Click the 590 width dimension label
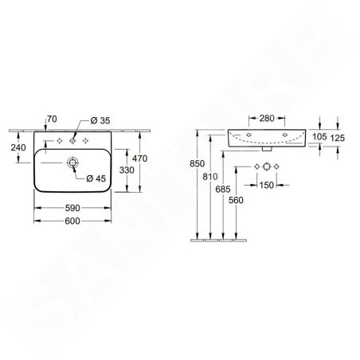pos(72,208)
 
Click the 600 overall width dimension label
pos(72,221)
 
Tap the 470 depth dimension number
pos(139,158)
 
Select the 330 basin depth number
pos(127,170)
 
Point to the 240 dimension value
pos(18,147)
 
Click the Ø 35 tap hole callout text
pos(100,120)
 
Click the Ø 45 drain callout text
pos(96,178)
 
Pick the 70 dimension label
pos(52,119)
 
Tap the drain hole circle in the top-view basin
pos(72,162)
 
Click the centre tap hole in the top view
pos(72,141)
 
